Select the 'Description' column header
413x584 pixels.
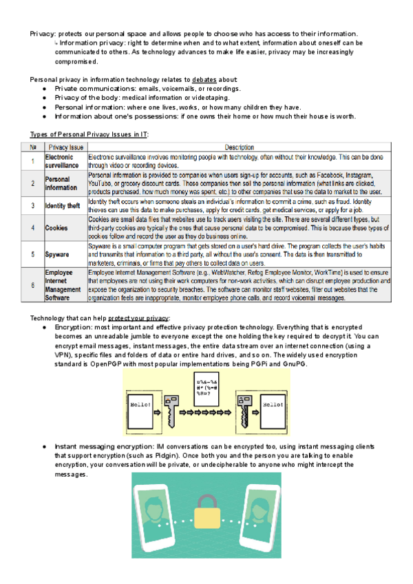tap(240, 147)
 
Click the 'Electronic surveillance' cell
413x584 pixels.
tap(63, 162)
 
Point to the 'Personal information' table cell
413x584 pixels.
tap(61, 183)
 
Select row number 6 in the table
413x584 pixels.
tap(32, 285)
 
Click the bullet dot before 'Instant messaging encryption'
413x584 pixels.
tap(45, 447)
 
